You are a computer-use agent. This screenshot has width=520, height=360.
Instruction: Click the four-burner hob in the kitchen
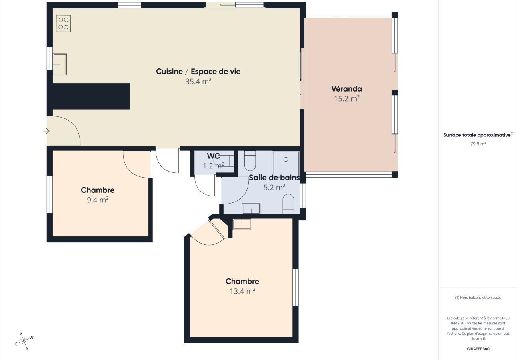(63, 23)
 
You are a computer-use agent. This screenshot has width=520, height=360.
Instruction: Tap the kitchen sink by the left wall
(60, 64)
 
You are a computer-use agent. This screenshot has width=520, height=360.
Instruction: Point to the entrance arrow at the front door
(46, 131)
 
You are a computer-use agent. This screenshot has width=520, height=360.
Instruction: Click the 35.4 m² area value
(198, 82)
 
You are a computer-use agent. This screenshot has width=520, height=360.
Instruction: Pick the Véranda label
(346, 89)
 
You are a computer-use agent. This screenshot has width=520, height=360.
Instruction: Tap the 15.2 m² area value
(346, 98)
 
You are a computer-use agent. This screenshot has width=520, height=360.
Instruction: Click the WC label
(213, 156)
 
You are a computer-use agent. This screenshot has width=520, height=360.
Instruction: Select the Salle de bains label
(274, 178)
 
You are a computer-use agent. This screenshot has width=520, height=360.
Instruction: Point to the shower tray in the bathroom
(286, 162)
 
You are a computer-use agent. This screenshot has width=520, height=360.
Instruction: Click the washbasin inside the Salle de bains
(251, 208)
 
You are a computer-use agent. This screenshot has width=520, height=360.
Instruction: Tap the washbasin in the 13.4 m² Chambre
(242, 224)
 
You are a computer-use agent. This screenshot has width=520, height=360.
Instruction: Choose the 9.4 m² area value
(98, 200)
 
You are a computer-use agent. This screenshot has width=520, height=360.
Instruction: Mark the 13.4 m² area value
(242, 291)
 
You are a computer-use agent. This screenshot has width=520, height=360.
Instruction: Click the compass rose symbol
(24, 341)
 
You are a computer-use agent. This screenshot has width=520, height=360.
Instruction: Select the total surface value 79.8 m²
(478, 144)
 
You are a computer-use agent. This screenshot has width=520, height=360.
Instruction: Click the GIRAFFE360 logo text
(478, 349)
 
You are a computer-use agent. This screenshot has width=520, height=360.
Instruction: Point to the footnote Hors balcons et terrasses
(478, 298)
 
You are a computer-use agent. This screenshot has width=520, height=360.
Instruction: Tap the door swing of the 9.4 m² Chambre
(136, 164)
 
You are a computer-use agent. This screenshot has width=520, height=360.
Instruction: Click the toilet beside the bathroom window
(288, 204)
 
